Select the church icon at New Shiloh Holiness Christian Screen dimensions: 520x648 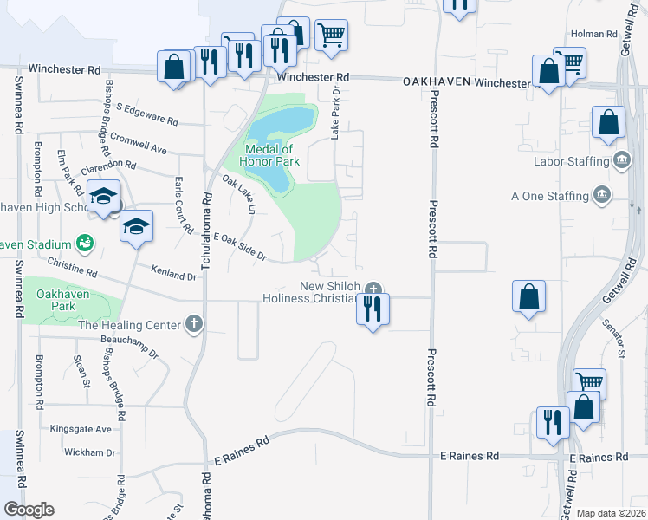(373, 288)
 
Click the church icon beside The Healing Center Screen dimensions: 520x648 (194, 326)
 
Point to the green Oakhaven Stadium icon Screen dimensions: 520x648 (85, 244)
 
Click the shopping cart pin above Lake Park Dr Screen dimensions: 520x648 (330, 36)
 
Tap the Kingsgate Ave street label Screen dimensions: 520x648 (81, 429)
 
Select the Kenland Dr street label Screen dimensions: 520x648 (172, 274)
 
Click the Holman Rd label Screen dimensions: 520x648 (596, 35)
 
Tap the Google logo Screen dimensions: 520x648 (29, 510)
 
